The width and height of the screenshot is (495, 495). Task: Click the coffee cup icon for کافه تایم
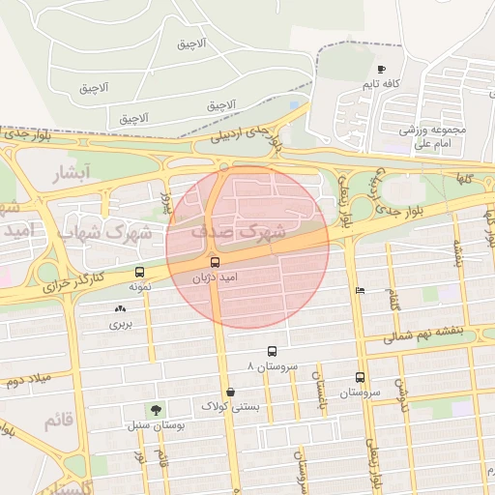381,70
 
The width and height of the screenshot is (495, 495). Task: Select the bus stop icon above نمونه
141,273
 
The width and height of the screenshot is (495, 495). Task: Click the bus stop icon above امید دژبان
215,262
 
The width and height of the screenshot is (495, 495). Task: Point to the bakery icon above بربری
120,309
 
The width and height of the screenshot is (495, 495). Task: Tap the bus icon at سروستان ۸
272,352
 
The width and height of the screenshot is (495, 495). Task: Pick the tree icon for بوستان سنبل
155,410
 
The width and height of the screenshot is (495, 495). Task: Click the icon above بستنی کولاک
230,392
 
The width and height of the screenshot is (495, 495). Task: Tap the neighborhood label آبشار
69,174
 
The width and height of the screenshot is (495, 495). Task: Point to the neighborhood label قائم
58,421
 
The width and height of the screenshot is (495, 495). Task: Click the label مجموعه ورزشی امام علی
433,135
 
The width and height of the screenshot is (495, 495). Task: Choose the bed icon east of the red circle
361,290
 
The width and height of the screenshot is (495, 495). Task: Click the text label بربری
120,324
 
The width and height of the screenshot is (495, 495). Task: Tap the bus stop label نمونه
141,287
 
